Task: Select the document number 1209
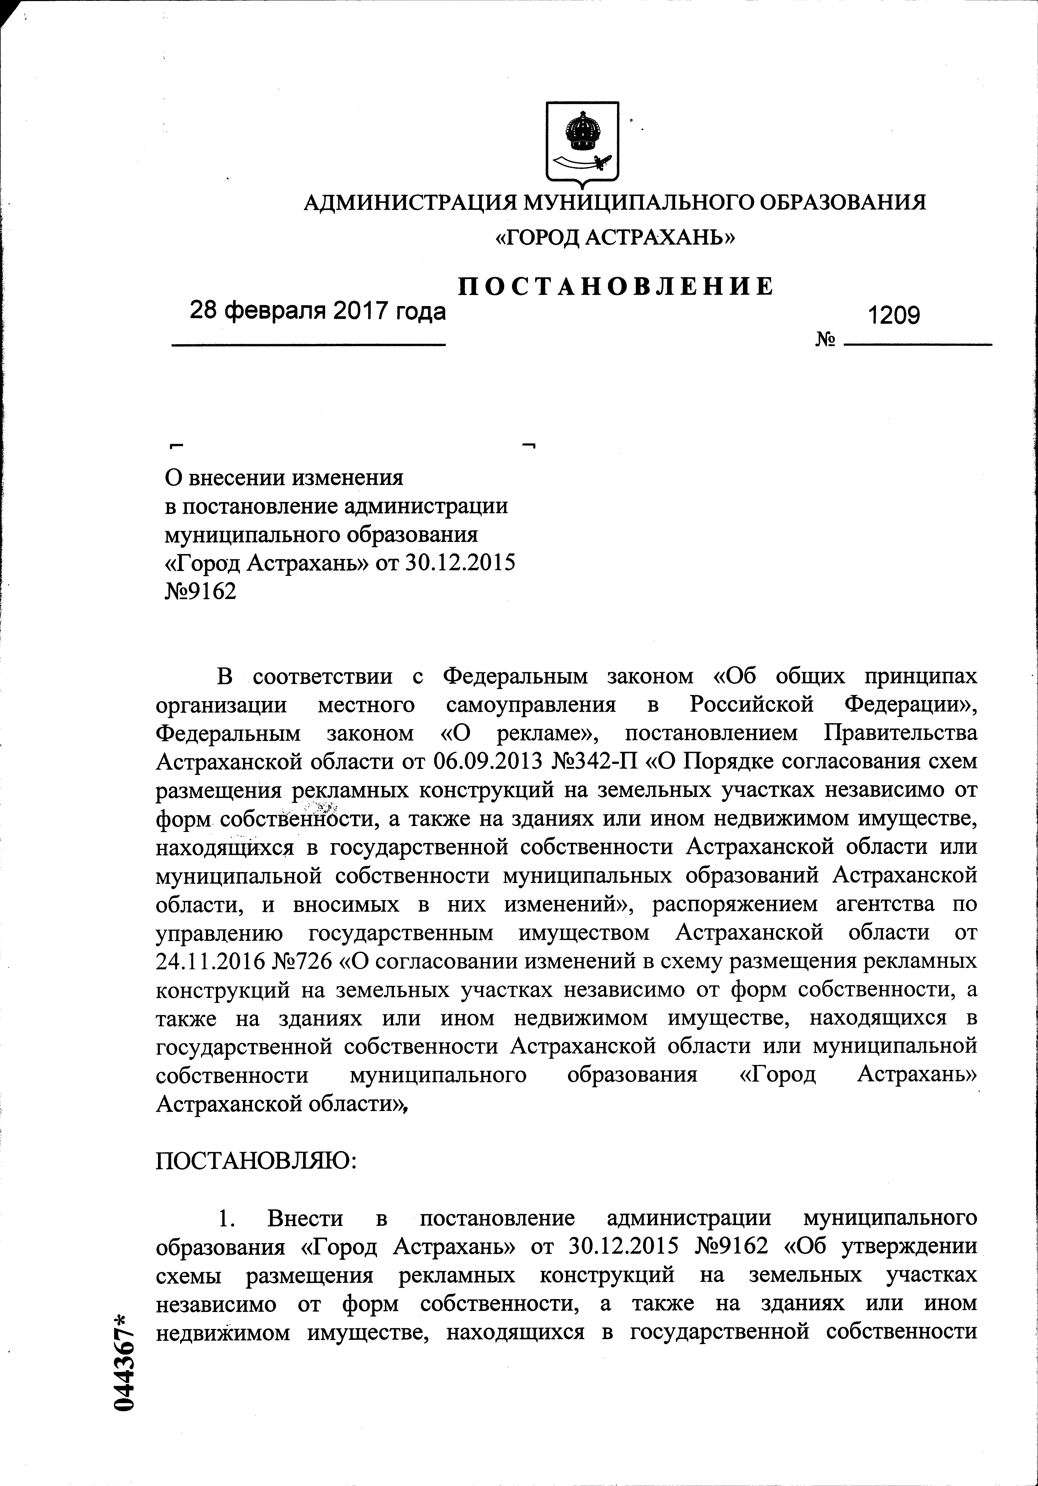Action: click(894, 315)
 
